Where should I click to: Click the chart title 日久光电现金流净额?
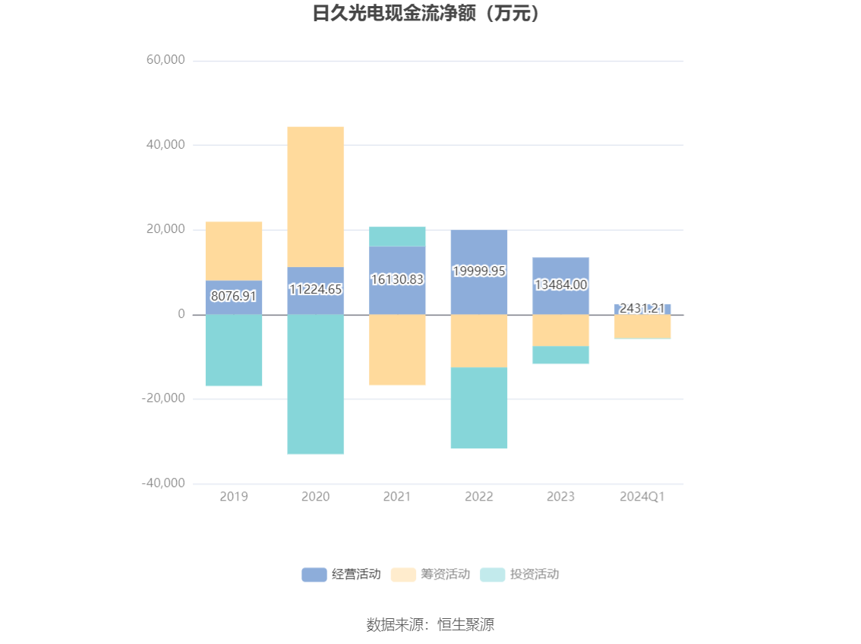point(430,14)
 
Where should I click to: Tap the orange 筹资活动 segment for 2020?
point(315,196)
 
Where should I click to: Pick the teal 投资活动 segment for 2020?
point(315,384)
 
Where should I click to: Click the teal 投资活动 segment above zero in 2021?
point(397,237)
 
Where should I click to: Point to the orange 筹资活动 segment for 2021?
point(397,350)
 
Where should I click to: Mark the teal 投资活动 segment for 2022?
point(479,407)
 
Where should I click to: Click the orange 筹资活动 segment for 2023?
point(560,330)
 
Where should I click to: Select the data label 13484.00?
point(560,285)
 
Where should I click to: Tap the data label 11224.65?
point(315,289)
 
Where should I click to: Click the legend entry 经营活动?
point(342,574)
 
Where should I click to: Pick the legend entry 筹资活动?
point(431,574)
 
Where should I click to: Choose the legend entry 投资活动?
point(521,574)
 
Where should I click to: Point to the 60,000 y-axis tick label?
point(165,60)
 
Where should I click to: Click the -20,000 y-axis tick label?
point(163,398)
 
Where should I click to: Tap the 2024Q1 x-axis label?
point(642,497)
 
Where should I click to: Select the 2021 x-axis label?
point(397,497)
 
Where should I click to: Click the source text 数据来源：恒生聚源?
point(430,625)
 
